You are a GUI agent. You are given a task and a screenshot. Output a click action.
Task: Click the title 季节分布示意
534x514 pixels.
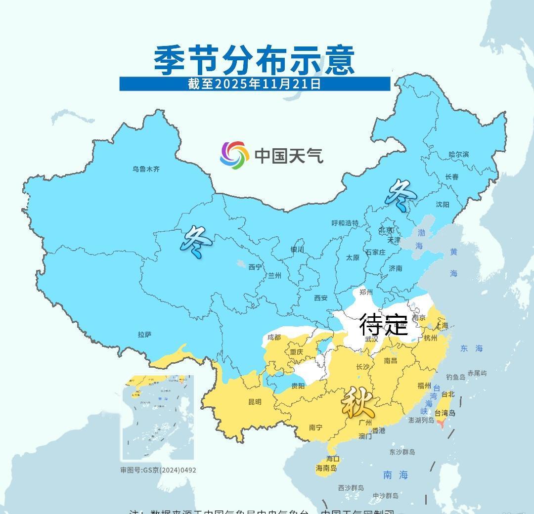(254, 60)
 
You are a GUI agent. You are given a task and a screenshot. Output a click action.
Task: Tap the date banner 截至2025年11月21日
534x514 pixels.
(254, 84)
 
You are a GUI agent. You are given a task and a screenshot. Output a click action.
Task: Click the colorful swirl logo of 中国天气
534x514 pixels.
(234, 155)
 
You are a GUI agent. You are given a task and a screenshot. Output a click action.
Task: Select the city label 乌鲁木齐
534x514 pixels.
(146, 169)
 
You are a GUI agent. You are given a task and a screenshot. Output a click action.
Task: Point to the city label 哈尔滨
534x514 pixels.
(458, 154)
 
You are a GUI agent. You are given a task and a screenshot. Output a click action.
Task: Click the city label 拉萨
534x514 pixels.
(144, 335)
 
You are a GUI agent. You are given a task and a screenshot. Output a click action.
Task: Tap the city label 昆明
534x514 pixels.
(255, 402)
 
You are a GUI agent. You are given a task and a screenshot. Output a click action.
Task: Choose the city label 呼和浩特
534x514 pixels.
(345, 223)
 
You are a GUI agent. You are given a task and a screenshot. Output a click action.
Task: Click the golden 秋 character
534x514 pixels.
(357, 402)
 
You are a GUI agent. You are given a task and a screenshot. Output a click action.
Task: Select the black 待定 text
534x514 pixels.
(383, 325)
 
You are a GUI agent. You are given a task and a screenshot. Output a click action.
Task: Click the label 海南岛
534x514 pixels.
(326, 468)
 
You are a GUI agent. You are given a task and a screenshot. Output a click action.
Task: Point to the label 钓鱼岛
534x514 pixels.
(455, 377)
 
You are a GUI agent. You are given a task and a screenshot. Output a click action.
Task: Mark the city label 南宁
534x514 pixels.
(315, 428)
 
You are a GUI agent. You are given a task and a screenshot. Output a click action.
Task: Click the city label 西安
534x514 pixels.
(321, 298)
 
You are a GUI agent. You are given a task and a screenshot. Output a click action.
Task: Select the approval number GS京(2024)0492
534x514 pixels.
(158, 470)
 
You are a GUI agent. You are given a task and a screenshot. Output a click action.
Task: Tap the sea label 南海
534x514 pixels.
(396, 475)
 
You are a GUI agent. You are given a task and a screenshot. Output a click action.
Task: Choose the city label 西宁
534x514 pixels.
(255, 267)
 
